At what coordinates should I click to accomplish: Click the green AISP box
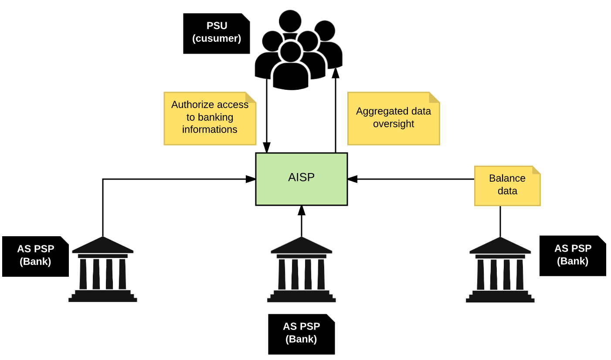[x=301, y=179]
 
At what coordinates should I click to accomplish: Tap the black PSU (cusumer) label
[x=216, y=33]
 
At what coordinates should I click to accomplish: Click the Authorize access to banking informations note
[x=210, y=118]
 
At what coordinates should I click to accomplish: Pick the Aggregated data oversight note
[x=393, y=118]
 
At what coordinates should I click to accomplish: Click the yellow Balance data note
[x=507, y=185]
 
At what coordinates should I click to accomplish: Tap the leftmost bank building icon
[x=103, y=270]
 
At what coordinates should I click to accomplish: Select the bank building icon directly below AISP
[x=301, y=270]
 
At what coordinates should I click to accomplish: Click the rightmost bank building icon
[x=500, y=270]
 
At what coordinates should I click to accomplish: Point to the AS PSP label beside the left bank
[x=35, y=256]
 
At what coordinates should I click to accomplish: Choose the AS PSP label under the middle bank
[x=301, y=334]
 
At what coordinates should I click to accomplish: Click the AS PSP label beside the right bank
[x=572, y=255]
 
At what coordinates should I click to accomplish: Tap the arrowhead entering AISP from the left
[x=251, y=179]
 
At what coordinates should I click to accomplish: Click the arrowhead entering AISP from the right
[x=353, y=179]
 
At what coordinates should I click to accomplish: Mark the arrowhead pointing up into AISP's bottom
[x=301, y=211]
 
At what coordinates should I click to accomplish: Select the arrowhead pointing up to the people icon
[x=336, y=73]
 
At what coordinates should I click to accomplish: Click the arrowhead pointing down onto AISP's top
[x=267, y=148]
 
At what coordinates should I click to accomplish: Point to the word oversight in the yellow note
[x=393, y=124]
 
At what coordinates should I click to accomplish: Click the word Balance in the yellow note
[x=507, y=178]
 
